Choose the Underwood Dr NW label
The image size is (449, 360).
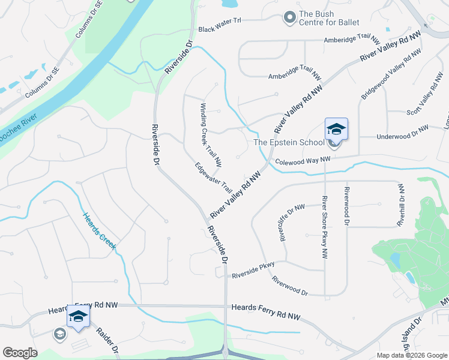pyautogui.click(x=402, y=133)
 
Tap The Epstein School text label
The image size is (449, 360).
pyautogui.click(x=289, y=142)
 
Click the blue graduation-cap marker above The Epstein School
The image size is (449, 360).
pyautogui.click(x=336, y=129)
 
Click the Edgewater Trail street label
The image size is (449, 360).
pyautogui.click(x=213, y=177)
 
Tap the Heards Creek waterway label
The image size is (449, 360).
pyautogui.click(x=99, y=230)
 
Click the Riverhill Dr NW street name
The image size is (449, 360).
pyautogui.click(x=401, y=205)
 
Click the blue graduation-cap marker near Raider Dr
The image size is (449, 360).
pyautogui.click(x=78, y=315)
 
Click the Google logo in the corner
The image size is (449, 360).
pyautogui.click(x=20, y=353)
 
